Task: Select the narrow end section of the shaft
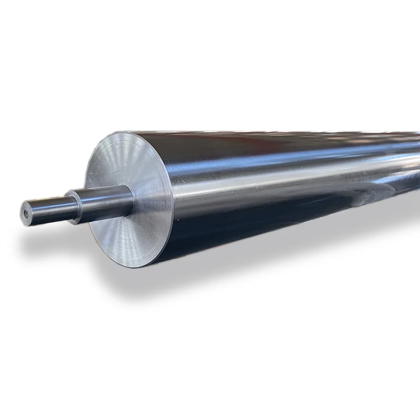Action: [x=47, y=206]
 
